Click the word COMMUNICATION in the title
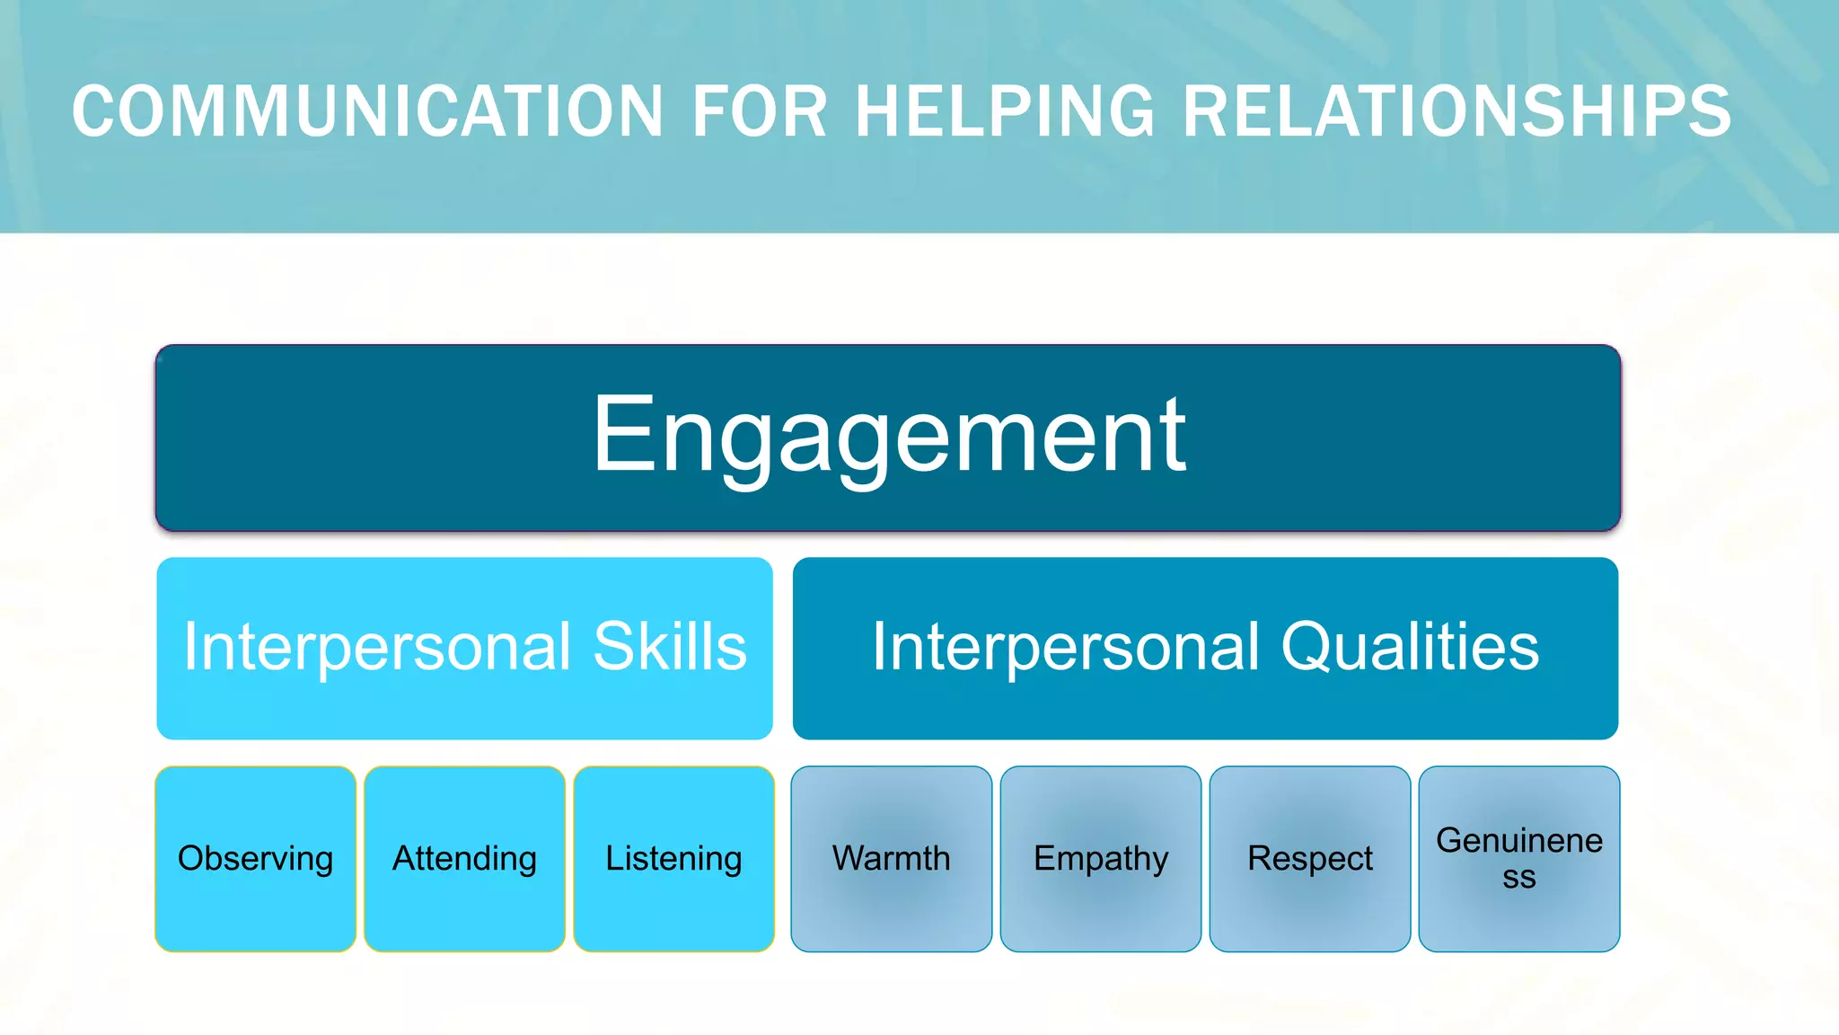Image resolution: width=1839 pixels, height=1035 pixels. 366,111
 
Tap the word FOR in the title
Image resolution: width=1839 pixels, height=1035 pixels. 759,111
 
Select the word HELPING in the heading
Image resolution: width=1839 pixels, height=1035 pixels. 1005,111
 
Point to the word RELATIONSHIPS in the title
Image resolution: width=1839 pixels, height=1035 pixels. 1456,111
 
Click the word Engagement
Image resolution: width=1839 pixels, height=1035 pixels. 889,437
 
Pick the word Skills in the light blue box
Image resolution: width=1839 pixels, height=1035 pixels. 670,647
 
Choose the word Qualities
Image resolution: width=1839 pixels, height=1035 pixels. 1410,647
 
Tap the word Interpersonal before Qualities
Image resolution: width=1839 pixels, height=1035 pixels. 1066,647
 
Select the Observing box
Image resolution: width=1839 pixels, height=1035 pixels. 256,859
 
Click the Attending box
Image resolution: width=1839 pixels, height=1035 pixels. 465,859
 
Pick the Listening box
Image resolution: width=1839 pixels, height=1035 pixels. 674,859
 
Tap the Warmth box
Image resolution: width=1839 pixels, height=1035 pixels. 892,859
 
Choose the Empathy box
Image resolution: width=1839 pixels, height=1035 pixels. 1101,859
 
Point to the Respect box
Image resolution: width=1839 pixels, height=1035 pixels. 1310,859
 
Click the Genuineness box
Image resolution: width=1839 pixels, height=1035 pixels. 1519,859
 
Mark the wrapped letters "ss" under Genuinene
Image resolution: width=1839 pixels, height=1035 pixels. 1519,878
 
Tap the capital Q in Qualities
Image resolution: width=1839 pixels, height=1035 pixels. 1307,647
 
